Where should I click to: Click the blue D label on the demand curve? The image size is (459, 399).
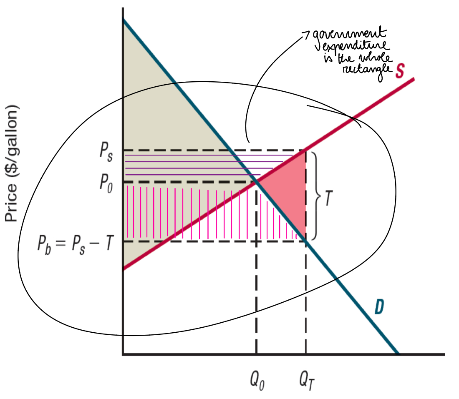pyautogui.click(x=379, y=307)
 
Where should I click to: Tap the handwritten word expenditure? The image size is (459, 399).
pyautogui.click(x=355, y=47)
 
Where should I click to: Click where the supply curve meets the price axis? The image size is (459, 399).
pyautogui.click(x=124, y=269)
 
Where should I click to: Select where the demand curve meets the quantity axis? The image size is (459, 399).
pyautogui.click(x=398, y=354)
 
